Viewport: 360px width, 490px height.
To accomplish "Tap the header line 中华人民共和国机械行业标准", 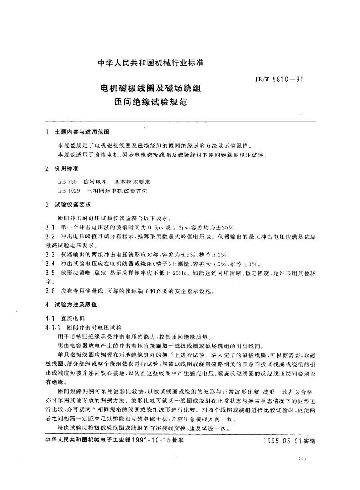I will pos(151,64).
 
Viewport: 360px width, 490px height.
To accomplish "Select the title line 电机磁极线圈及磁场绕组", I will pos(151,88).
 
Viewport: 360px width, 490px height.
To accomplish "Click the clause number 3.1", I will pos(50,226).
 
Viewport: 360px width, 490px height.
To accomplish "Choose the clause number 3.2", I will pos(50,236).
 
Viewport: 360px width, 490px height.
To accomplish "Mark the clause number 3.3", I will pos(50,255).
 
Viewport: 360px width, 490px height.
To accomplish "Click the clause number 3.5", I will pos(50,273).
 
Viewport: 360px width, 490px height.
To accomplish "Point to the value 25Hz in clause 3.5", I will pos(190,273).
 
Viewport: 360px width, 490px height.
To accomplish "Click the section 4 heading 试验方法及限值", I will pos(75,305).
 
